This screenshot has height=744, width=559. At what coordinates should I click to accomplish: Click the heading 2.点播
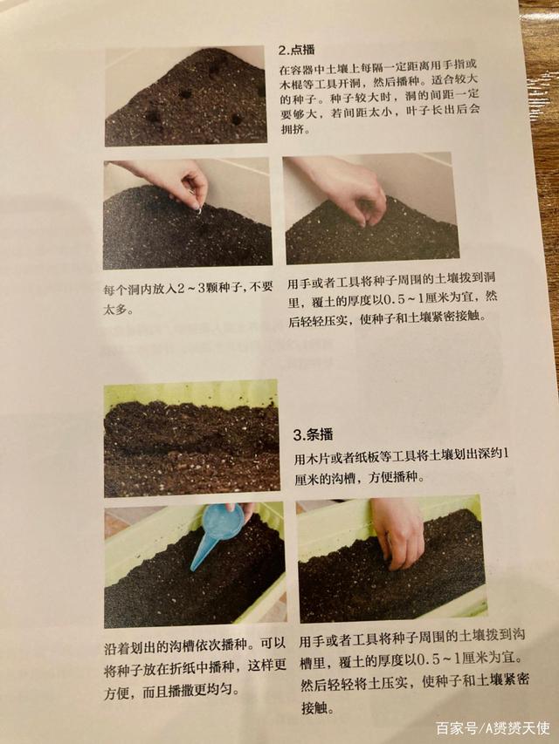(x=297, y=50)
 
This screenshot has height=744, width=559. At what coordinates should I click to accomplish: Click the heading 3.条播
(x=314, y=434)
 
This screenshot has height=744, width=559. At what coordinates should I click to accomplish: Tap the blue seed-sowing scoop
(x=217, y=535)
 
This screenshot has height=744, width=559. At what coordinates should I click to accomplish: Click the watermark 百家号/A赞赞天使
(x=493, y=728)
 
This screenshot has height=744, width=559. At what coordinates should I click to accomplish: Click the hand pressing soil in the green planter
(x=397, y=531)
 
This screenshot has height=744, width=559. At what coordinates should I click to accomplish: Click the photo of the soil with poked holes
(x=185, y=96)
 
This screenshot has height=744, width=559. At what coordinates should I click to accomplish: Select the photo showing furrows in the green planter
(x=191, y=439)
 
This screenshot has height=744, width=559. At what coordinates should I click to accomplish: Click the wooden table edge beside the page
(x=546, y=142)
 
